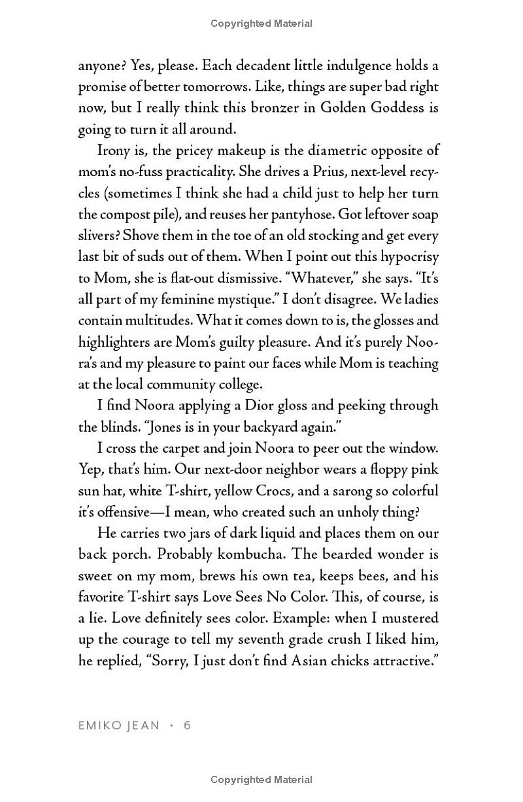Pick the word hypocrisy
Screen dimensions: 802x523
click(404, 257)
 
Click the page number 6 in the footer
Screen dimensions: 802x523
click(188, 725)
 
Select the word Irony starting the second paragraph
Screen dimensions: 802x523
click(116, 150)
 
